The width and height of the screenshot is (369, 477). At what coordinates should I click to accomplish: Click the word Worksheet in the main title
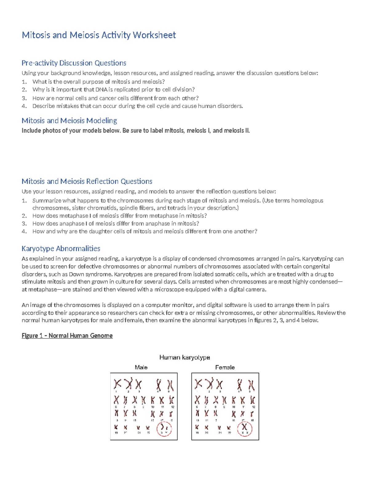tap(154, 35)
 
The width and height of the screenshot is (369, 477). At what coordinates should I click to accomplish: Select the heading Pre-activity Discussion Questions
tap(74, 63)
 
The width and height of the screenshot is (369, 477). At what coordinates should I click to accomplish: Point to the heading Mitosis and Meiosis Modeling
tap(69, 120)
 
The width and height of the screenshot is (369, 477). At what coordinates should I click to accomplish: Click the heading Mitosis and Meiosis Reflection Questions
tap(87, 181)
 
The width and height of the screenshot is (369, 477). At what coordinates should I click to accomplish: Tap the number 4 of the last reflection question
tap(24, 232)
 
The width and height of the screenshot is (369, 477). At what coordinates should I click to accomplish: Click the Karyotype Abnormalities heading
tap(61, 248)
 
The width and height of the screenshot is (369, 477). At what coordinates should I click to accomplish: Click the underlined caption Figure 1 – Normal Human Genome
tap(67, 336)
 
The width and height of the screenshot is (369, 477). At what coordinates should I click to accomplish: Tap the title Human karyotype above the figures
tap(184, 358)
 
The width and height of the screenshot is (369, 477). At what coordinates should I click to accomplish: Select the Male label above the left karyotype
tap(141, 367)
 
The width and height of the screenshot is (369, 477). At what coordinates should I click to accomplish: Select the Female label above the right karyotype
tap(225, 367)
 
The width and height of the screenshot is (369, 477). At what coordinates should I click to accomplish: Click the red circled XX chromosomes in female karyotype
tap(245, 428)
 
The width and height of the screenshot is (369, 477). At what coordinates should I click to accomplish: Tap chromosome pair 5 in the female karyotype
tap(251, 385)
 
